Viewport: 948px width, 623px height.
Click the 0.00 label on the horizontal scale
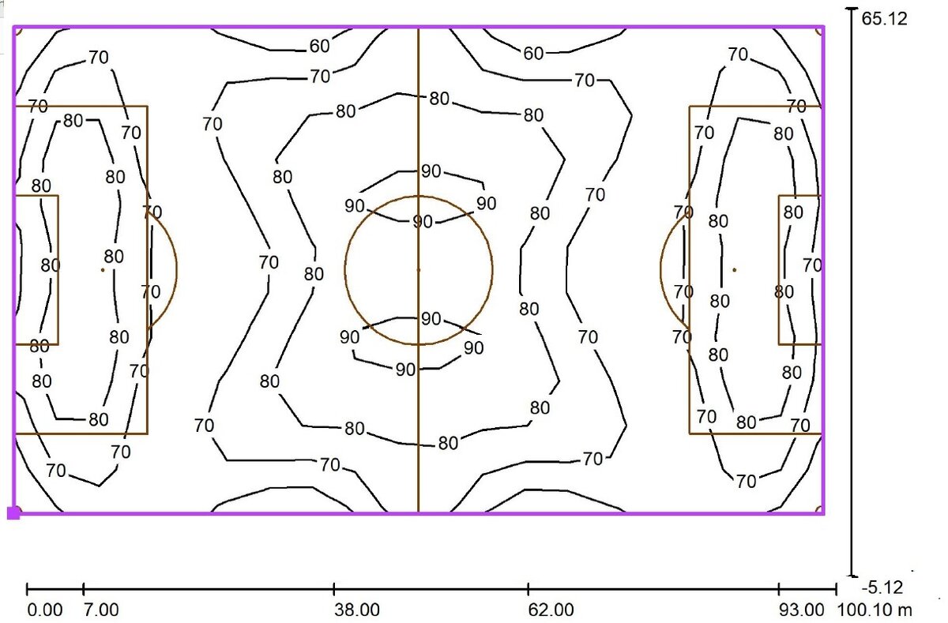pos(44,610)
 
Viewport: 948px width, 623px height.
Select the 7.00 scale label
pos(101,610)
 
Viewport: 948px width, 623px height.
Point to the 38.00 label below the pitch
pos(357,610)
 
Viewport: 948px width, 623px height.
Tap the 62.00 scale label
pos(551,610)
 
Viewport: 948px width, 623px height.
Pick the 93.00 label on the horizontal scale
pos(802,610)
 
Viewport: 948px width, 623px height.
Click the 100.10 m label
pos(875,610)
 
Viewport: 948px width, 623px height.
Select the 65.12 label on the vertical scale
pos(885,19)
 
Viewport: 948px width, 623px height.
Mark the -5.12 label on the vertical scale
pos(882,587)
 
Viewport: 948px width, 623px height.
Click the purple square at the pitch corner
pos(14,513)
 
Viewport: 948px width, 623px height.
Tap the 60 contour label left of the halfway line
pos(319,46)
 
